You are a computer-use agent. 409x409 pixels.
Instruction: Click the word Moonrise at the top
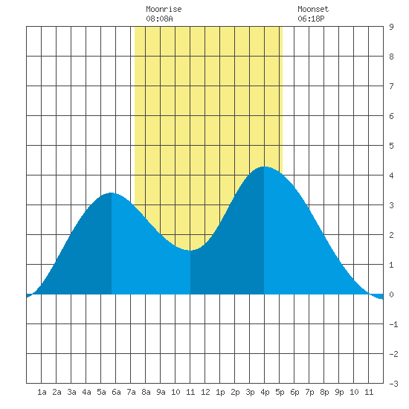click(164, 9)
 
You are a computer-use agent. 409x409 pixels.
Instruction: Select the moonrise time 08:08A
click(159, 19)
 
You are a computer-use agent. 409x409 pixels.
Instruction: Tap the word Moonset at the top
click(313, 9)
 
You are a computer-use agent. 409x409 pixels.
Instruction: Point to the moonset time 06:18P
click(311, 19)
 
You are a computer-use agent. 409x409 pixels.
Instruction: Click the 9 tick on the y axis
click(391, 27)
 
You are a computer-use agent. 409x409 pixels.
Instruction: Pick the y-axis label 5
click(391, 146)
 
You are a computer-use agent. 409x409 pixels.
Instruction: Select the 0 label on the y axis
click(391, 294)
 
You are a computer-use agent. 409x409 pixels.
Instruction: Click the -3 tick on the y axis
click(393, 384)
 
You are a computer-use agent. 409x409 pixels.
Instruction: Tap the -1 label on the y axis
click(393, 324)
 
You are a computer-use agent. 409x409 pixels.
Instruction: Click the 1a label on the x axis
click(42, 392)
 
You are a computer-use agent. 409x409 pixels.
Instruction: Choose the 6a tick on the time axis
click(116, 392)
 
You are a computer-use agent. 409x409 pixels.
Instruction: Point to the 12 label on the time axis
click(205, 392)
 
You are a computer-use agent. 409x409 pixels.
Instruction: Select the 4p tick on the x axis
click(265, 392)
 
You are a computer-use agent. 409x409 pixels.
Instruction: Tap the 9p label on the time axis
click(339, 392)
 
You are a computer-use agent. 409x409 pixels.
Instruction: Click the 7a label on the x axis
click(131, 392)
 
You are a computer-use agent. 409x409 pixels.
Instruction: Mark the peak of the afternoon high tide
click(264, 167)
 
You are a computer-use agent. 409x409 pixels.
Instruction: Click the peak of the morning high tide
click(112, 193)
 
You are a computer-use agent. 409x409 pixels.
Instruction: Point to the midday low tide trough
click(190, 251)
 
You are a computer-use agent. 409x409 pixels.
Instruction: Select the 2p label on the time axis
click(235, 392)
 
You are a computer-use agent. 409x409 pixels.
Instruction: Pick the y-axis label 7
click(391, 86)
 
